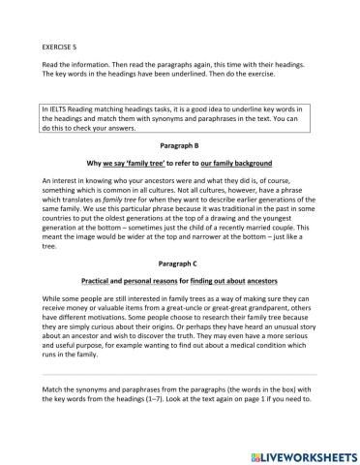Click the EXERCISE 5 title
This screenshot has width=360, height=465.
click(62, 45)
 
